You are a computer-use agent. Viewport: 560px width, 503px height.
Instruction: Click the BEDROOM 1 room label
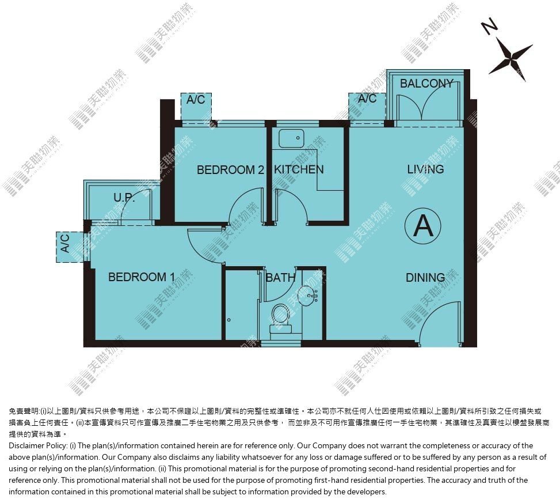142,277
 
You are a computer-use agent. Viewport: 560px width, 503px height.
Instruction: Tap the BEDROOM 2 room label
230,169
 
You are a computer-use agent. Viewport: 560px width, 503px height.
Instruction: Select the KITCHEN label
299,169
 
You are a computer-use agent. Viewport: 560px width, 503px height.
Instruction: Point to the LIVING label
425,169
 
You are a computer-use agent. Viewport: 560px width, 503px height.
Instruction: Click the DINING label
425,277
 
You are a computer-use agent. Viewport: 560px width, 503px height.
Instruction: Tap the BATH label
281,277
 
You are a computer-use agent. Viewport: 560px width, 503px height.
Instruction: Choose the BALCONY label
426,84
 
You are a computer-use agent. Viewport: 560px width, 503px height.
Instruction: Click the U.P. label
124,197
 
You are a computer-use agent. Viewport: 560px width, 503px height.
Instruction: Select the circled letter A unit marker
423,226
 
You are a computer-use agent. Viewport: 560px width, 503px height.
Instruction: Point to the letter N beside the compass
489,27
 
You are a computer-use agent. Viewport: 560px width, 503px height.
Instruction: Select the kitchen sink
291,139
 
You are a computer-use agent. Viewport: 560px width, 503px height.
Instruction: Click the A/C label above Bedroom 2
196,99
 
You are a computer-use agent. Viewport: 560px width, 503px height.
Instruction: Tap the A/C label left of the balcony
367,99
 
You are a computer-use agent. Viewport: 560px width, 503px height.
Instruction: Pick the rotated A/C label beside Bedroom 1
65,243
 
